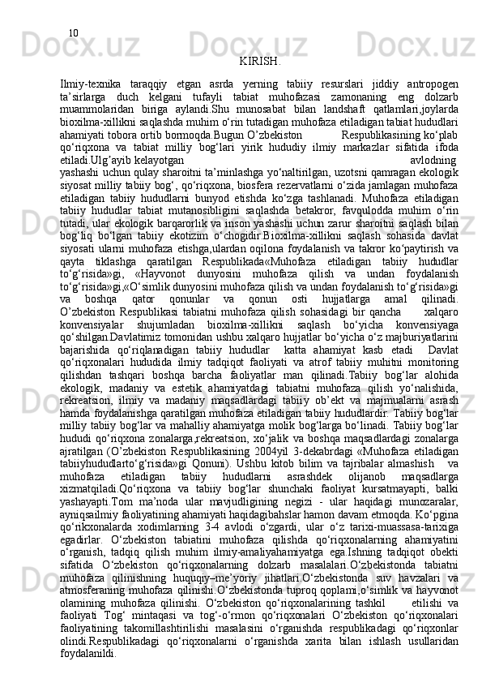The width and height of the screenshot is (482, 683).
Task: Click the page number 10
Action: click(x=73, y=33)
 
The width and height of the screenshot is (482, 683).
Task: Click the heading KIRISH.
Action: click(x=261, y=61)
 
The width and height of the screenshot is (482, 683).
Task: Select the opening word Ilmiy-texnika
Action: click(x=90, y=84)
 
